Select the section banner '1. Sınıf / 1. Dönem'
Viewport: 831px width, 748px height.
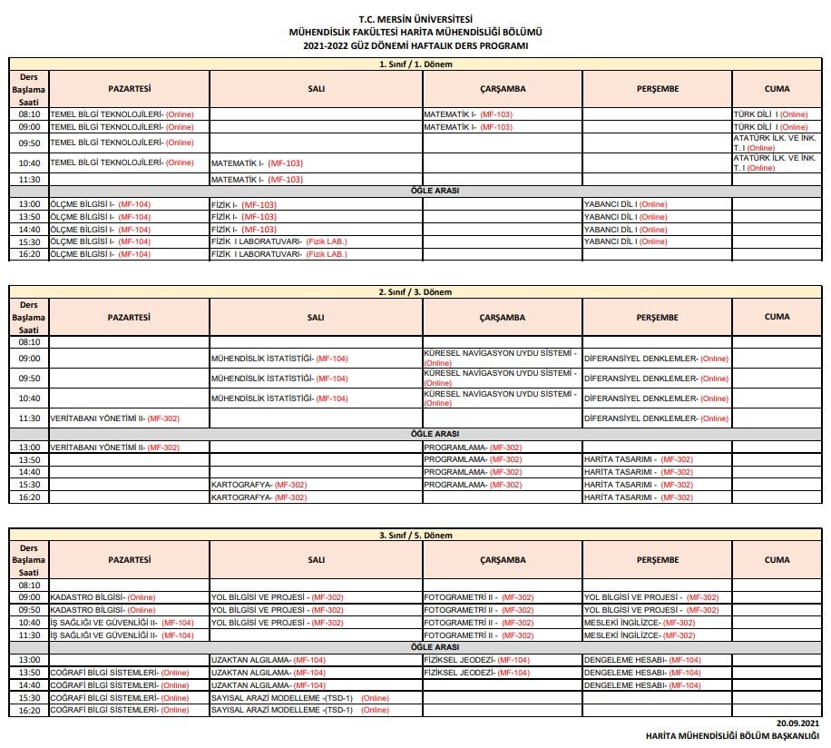pyautogui.click(x=415, y=64)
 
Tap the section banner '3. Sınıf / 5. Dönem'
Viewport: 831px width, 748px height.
pyautogui.click(x=415, y=536)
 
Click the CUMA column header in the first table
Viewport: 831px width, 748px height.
pyautogui.click(x=777, y=89)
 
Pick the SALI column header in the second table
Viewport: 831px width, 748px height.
pyautogui.click(x=316, y=317)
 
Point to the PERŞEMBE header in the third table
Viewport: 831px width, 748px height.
pyautogui.click(x=657, y=560)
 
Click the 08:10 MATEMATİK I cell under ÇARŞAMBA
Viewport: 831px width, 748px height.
pyautogui.click(x=502, y=114)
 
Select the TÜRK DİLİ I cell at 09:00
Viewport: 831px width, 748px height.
pyautogui.click(x=777, y=127)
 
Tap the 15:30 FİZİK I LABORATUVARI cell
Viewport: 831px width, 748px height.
pyautogui.click(x=316, y=241)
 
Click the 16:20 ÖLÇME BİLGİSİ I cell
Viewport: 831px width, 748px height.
pyautogui.click(x=128, y=254)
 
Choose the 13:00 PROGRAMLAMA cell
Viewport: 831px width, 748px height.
pyautogui.click(x=502, y=448)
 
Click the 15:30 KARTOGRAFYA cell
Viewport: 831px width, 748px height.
pyautogui.click(x=316, y=485)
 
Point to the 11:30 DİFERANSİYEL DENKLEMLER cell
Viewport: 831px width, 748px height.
pyautogui.click(x=657, y=418)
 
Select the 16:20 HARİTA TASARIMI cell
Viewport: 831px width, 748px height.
pyautogui.click(x=657, y=497)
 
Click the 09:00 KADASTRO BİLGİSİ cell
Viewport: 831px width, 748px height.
pyautogui.click(x=128, y=597)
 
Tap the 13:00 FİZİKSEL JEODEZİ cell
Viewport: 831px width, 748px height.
pyautogui.click(x=502, y=660)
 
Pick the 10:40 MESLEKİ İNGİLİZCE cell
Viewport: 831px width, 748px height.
pyautogui.click(x=657, y=623)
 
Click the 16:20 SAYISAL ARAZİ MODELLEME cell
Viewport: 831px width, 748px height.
pyautogui.click(x=316, y=710)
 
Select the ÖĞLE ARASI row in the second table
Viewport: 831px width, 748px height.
pyautogui.click(x=415, y=434)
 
